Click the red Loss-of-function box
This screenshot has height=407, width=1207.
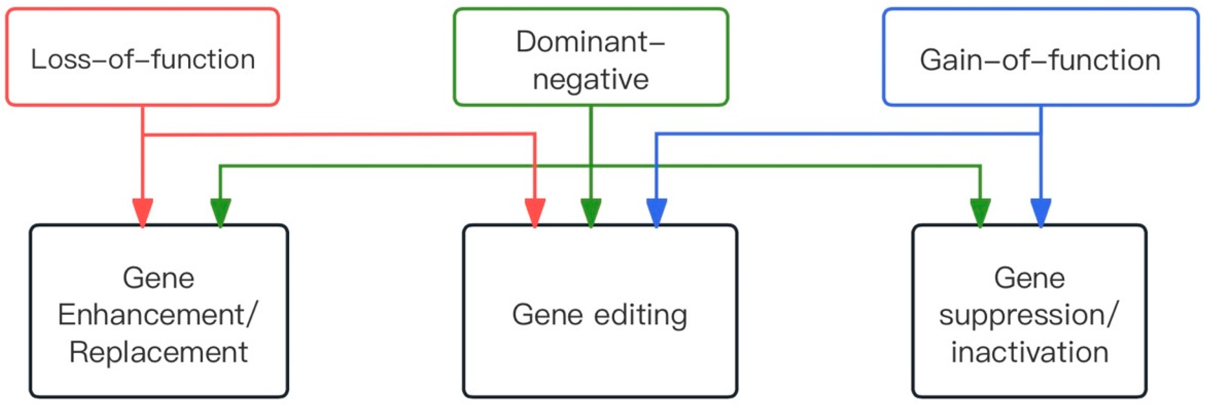[142, 57]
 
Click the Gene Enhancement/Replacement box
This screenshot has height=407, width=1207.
[158, 311]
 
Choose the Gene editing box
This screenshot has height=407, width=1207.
[600, 311]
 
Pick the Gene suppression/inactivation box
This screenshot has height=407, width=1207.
[1029, 311]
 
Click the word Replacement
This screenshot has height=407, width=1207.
[158, 353]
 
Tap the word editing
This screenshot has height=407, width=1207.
[640, 315]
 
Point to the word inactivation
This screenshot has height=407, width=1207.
[1029, 353]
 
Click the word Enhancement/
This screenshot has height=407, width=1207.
[158, 315]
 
